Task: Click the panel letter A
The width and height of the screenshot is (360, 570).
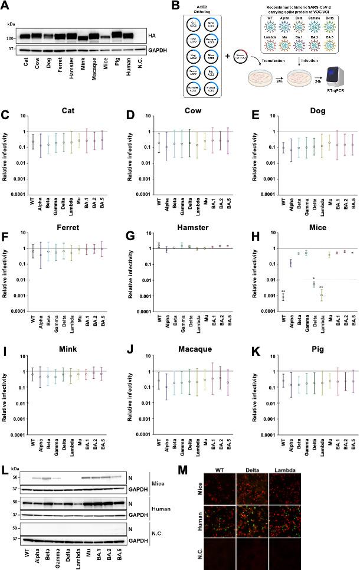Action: (x=7, y=6)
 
